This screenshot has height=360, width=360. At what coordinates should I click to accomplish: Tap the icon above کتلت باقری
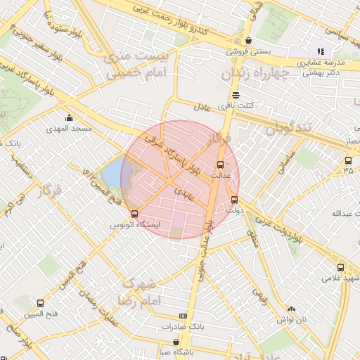[236, 95]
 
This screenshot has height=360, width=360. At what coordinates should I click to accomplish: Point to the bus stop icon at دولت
[234, 199]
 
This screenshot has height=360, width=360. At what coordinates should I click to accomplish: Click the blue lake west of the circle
[112, 173]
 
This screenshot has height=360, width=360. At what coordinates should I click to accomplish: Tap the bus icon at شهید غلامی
[341, 267]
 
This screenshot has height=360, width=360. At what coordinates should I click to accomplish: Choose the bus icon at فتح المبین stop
[39, 303]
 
